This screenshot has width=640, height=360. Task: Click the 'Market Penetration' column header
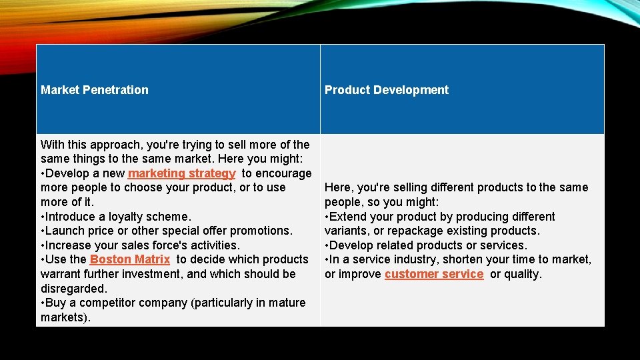coord(95,90)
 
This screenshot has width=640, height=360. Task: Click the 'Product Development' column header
coord(387,90)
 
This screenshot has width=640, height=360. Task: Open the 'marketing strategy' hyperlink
coord(181,173)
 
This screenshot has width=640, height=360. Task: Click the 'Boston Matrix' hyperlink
coord(130,259)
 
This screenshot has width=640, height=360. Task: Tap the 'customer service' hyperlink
coord(434,274)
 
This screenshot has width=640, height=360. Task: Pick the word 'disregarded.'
coord(73,289)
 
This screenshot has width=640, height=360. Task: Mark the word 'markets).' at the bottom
coord(65,317)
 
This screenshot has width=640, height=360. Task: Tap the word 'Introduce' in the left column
coord(71,217)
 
